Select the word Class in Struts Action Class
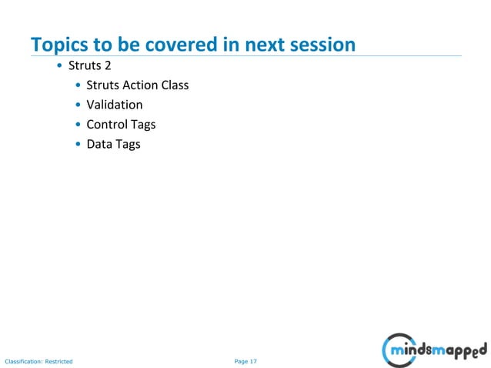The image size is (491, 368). click(174, 85)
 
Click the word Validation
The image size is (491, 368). click(114, 105)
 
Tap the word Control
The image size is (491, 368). click(108, 124)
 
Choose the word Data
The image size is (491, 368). click(99, 144)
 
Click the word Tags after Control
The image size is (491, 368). click(144, 124)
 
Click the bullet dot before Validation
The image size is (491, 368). click(78, 105)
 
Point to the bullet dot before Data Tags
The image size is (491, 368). click(78, 145)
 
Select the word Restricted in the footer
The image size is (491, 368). click(58, 361)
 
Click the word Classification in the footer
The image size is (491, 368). click(23, 361)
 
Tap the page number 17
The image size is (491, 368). click(253, 360)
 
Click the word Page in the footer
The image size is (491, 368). click(241, 360)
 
